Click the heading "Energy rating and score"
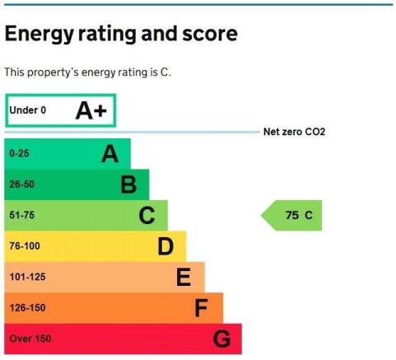pos(121,34)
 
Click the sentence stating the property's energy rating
pos(87,72)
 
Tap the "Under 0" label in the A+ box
pos(28,110)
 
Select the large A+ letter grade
pos(91,110)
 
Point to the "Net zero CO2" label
pos(294,132)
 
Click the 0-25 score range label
pos(19,153)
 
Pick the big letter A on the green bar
pos(110,154)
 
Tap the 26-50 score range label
pos(22,184)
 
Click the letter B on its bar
pos(128,185)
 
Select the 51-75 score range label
pos(22,215)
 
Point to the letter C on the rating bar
pos(147,216)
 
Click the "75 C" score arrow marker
pos(291,216)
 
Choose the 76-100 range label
pos(25,245)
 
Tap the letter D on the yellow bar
pos(165,246)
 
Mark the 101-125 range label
pos(27,277)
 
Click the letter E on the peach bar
pos(184,278)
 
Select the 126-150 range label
pos(27,307)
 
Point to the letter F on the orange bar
pos(201,308)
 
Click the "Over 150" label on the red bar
pos(30,339)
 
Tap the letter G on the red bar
pos(221,339)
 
